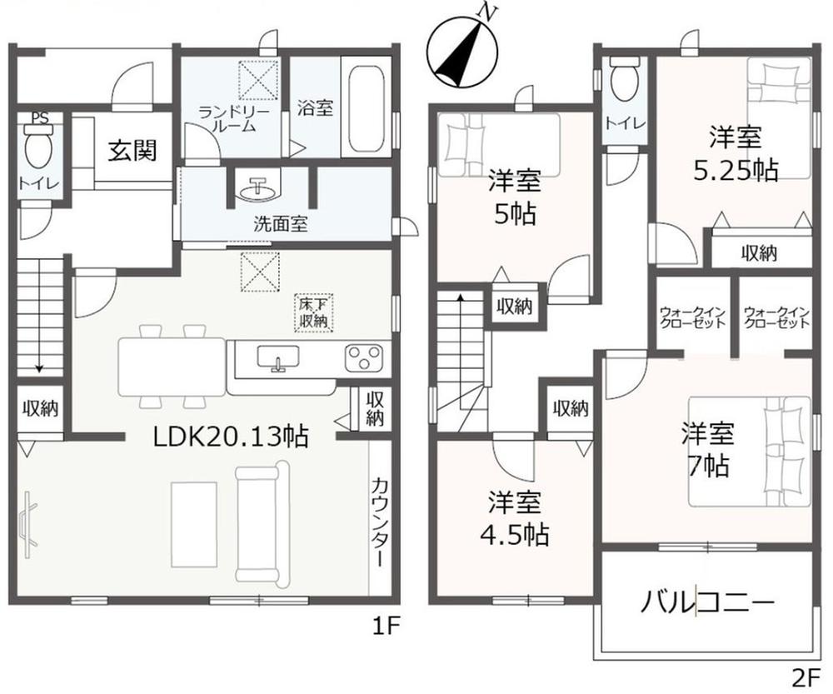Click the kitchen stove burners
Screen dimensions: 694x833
coord(363,358)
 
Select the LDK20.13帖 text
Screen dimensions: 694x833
coord(230,435)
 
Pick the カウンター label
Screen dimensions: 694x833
coord(378,520)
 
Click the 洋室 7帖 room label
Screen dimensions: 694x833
coord(707,450)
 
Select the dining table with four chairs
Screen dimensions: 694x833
coord(172,365)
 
